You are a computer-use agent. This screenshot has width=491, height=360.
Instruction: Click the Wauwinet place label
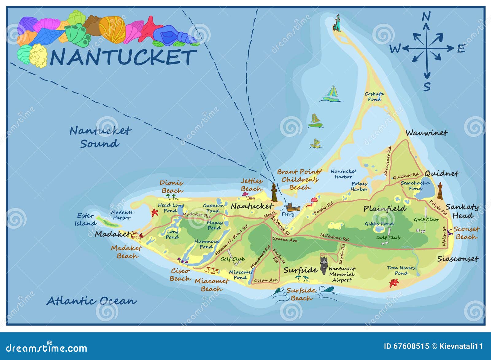pyautogui.click(x=426, y=133)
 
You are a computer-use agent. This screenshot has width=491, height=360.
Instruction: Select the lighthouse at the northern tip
pyautogui.click(x=337, y=23)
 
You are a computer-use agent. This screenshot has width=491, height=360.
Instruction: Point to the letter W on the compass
pyautogui.click(x=395, y=49)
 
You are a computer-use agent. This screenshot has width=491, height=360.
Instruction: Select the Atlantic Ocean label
pyautogui.click(x=91, y=301)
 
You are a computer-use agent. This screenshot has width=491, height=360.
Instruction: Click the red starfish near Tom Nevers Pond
pyautogui.click(x=394, y=283)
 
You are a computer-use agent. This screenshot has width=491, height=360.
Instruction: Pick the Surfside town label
pyautogui.click(x=300, y=270)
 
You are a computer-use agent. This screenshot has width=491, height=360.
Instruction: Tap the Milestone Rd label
pyautogui.click(x=334, y=237)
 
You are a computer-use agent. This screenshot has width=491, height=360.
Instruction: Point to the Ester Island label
pyautogui.click(x=85, y=219)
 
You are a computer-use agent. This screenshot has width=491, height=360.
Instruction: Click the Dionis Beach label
pyautogui.click(x=172, y=187)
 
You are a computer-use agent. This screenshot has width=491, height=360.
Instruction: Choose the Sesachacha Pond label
pyautogui.click(x=415, y=186)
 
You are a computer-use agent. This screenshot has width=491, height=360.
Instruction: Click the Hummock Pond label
pyautogui.click(x=207, y=244)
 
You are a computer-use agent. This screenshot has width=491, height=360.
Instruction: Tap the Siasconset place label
pyautogui.click(x=458, y=259)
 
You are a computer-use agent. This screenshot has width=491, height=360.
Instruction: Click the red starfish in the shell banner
pyautogui.click(x=150, y=29)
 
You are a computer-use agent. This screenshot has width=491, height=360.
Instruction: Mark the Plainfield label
pyautogui.click(x=385, y=209)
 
